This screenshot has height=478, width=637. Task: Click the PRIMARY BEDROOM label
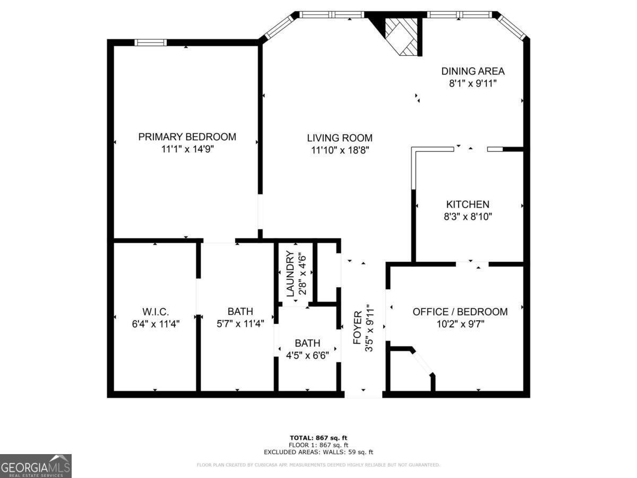tap(187, 137)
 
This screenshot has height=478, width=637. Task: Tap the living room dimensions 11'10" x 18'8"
tap(340, 150)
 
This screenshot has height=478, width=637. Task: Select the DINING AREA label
tap(472, 71)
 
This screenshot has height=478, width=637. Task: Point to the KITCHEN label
tap(467, 204)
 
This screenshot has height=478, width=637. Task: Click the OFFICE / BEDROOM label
tap(460, 312)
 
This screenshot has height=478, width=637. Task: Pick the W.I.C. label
tap(156, 312)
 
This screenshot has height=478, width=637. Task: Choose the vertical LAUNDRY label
tap(290, 274)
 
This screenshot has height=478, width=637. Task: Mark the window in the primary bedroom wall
tap(150, 42)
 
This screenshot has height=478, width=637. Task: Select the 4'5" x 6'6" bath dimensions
tap(308, 355)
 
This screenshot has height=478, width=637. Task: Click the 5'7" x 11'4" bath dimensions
tap(240, 323)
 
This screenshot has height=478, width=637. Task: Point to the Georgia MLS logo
tap(36, 466)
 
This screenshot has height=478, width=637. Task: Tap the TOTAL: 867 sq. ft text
tap(318, 438)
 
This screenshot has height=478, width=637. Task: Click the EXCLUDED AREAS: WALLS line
tap(318, 452)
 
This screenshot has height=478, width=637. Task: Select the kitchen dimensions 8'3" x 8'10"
tap(467, 217)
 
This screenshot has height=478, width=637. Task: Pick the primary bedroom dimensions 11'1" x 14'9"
tap(187, 149)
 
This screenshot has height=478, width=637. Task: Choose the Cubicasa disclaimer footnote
tap(318, 465)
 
